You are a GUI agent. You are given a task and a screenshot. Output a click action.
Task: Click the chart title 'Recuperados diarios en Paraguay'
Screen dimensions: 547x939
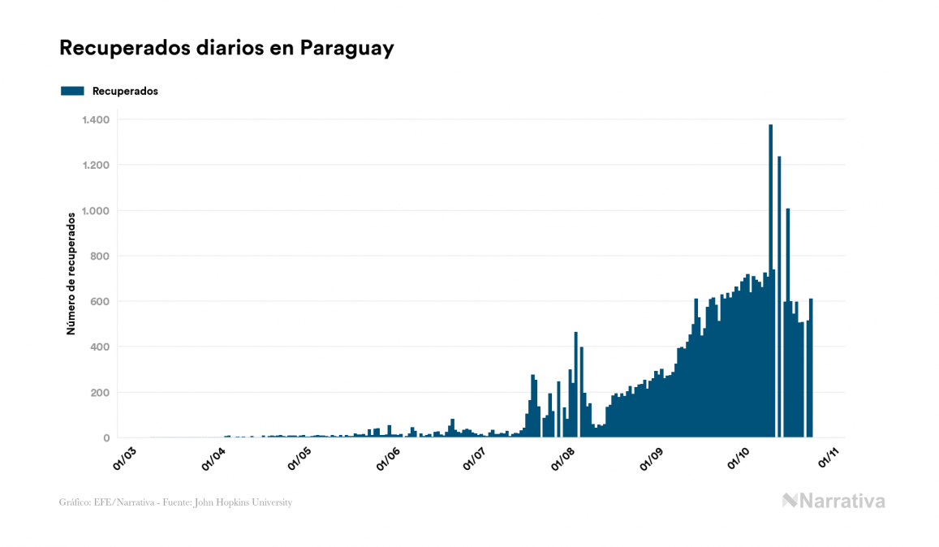(226, 48)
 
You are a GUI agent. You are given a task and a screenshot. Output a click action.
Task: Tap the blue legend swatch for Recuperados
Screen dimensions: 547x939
(72, 91)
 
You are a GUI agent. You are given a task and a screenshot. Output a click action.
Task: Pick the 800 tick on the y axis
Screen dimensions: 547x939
(100, 256)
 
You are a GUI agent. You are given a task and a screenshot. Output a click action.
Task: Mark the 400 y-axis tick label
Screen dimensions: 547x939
(100, 347)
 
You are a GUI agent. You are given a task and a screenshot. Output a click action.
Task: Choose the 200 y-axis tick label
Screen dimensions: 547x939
(100, 393)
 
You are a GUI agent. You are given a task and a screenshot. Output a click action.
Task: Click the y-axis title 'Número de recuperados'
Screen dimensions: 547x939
(71, 273)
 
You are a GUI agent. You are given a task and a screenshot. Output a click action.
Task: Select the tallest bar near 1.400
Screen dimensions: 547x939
(770, 284)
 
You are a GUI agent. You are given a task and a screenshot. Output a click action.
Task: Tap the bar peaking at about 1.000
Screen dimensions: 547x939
(788, 325)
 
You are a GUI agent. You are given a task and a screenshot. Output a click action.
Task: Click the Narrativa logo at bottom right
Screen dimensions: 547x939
(833, 501)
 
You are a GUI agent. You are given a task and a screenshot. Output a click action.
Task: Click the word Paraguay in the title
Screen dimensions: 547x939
(347, 48)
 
